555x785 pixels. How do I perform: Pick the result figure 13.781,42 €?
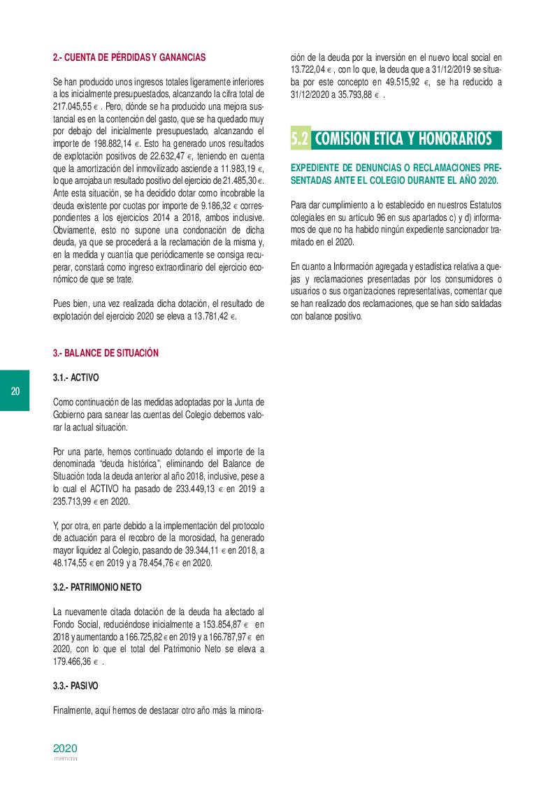(x=209, y=317)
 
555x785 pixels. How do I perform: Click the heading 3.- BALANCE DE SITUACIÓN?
(x=106, y=353)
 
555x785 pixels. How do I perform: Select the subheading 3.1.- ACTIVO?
(x=76, y=377)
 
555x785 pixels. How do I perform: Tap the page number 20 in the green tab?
(x=15, y=391)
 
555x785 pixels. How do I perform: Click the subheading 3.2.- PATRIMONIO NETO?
(x=99, y=587)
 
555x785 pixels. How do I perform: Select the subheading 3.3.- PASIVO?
(x=75, y=686)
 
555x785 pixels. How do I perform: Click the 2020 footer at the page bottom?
(x=65, y=747)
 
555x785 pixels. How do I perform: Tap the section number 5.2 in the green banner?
(x=300, y=138)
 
